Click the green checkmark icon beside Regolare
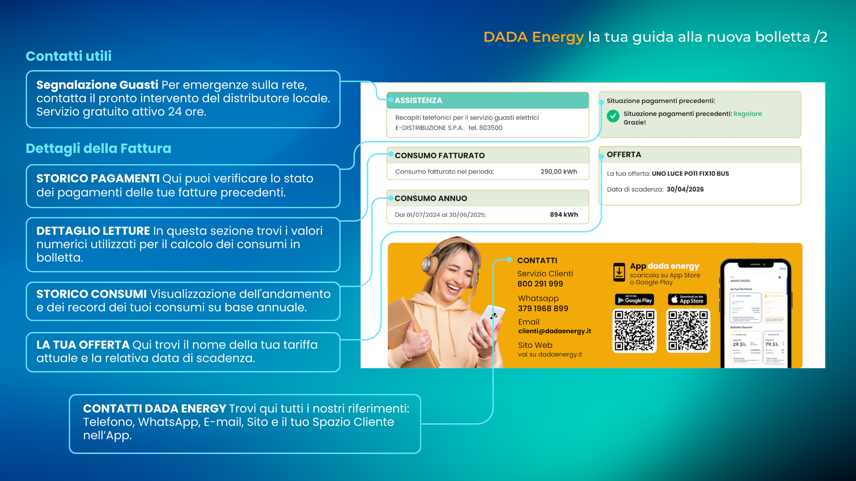613,116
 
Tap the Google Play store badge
634,300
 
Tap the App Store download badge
687,300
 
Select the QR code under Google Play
634,330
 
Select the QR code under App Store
688,330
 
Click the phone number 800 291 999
540,284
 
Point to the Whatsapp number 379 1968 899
543,308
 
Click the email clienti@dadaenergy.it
554,331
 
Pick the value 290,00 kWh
559,171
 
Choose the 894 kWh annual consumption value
564,214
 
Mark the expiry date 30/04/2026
685,189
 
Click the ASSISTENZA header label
418,101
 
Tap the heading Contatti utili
69,56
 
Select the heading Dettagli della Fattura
98,148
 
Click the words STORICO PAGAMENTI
98,178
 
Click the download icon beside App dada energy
619,272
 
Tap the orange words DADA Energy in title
533,37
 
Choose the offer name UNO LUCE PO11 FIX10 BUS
690,174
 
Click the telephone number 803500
490,128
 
